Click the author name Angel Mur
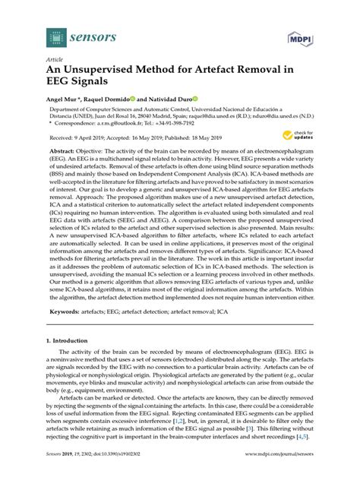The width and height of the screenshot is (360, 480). pyautogui.click(x=63, y=99)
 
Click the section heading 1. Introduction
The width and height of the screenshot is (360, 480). pyautogui.click(x=70, y=343)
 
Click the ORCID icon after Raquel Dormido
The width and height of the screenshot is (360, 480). pyautogui.click(x=131, y=99)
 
